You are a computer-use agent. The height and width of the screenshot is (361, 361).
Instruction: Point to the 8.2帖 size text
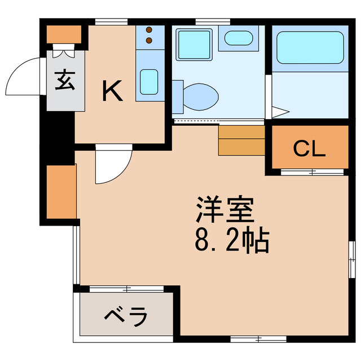tap(231, 241)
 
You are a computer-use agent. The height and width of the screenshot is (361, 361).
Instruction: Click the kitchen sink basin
tap(149, 82)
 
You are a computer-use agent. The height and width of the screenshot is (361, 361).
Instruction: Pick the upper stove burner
tap(149, 30)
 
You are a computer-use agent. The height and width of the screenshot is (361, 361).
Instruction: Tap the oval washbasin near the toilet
tap(239, 38)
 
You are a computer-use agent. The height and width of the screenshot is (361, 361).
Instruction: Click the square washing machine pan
tap(193, 44)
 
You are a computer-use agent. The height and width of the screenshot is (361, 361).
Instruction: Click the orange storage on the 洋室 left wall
tap(61, 192)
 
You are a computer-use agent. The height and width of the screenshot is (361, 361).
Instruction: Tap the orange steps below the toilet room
tap(241, 140)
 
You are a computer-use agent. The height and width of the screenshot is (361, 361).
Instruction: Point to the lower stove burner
tap(149, 40)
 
